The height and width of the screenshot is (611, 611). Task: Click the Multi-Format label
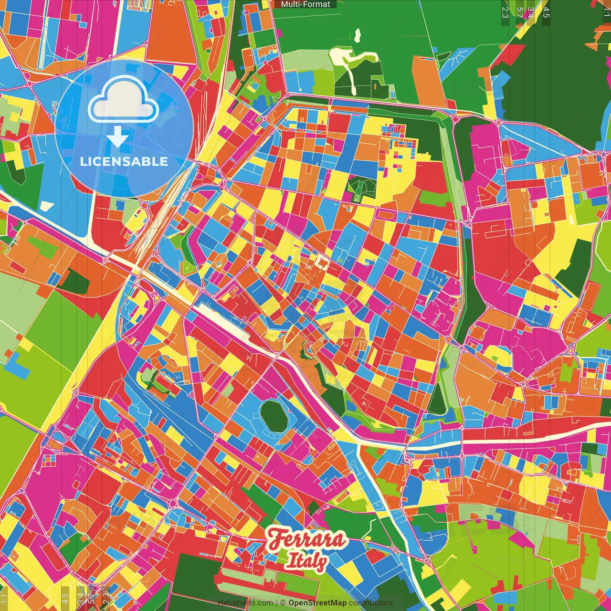305,4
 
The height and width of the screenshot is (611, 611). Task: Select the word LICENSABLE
124,161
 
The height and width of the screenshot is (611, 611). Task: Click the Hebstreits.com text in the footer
245,603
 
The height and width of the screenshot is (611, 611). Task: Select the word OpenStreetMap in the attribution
317,603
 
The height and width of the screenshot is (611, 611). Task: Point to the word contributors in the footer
371,603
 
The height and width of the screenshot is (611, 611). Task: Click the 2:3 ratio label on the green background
505,12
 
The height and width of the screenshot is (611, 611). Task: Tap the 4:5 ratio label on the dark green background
546,12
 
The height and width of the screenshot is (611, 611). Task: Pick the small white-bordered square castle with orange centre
322,262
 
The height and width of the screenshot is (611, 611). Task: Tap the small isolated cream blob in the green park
358,35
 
